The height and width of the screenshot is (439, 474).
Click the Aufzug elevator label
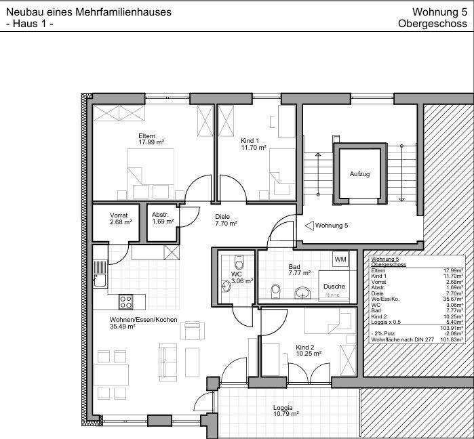(359, 174)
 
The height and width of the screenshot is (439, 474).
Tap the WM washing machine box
(340, 259)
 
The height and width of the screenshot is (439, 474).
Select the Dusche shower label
(334, 287)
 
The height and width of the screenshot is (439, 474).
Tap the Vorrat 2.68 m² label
(120, 218)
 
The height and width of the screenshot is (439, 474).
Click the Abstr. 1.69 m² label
(161, 218)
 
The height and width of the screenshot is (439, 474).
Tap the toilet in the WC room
(237, 263)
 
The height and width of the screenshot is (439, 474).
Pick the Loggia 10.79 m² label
(286, 411)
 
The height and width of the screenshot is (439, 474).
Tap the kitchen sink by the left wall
(100, 272)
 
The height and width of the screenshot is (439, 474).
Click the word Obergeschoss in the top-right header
(433, 24)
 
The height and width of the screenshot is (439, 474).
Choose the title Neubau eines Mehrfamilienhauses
(88, 12)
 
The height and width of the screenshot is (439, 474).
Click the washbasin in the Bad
(303, 292)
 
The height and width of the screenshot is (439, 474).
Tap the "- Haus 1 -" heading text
(29, 24)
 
